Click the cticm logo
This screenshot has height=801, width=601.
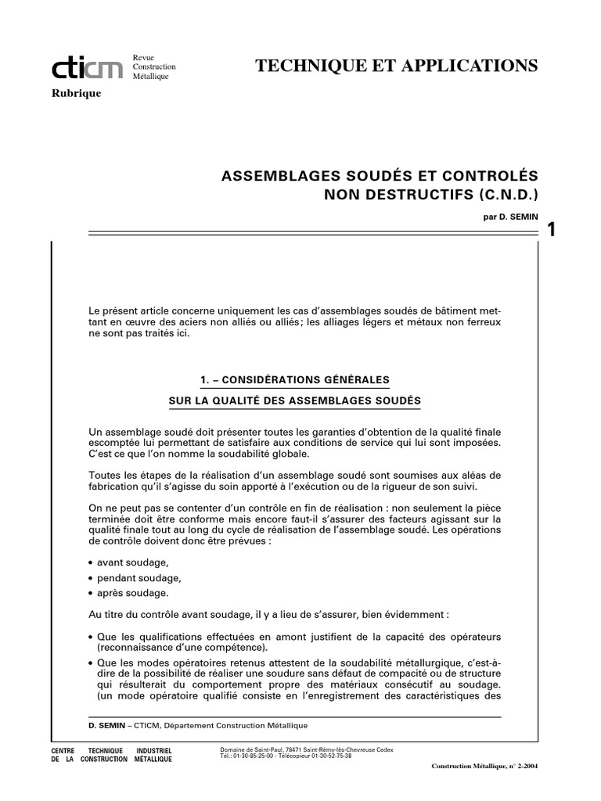click(x=87, y=70)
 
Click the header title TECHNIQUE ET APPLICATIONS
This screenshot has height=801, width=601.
click(x=397, y=66)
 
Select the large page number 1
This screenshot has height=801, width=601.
click(x=552, y=228)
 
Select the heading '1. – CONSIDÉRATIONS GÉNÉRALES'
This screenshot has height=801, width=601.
click(x=295, y=380)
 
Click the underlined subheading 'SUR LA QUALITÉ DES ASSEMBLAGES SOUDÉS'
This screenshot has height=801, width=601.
click(x=295, y=401)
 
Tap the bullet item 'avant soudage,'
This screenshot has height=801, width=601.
click(x=132, y=562)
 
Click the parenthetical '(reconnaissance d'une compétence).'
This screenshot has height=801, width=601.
click(x=182, y=648)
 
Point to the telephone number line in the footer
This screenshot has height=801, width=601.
click(x=286, y=756)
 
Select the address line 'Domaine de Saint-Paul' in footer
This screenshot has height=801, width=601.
click(x=307, y=749)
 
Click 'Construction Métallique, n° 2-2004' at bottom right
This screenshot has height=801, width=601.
click(x=484, y=767)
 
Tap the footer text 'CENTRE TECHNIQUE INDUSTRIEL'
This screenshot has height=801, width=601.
click(x=110, y=750)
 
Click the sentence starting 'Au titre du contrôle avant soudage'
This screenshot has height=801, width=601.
click(x=269, y=615)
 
